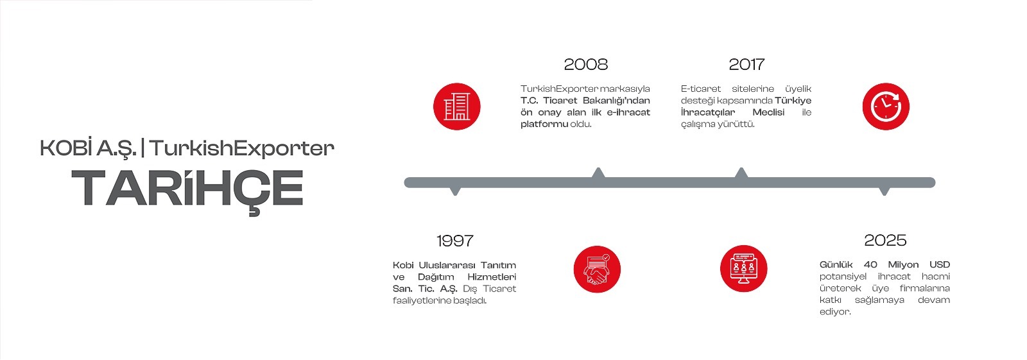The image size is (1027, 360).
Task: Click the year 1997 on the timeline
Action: point(454,241)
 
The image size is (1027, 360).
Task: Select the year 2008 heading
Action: point(585,64)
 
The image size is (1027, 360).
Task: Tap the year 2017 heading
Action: point(747,64)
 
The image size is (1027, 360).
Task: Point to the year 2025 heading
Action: point(885,241)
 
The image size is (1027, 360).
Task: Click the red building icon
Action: point(456,107)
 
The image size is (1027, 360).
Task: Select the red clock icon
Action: point(886,107)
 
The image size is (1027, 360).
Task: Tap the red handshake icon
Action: point(597,269)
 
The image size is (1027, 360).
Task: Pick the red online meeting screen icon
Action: point(744,269)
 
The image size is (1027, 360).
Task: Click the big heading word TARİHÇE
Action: point(187,189)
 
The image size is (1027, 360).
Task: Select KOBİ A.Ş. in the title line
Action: point(87,148)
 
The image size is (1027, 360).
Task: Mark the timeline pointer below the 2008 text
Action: point(598,173)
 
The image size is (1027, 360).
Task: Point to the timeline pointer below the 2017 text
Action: point(741,173)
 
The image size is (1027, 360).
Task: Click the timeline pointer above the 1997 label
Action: point(455,191)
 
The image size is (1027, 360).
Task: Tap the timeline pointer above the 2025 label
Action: point(884,191)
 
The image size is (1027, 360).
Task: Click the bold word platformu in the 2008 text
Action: point(544,124)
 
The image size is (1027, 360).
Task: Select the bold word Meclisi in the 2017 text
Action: point(768,112)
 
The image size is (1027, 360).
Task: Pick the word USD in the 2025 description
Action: point(939,264)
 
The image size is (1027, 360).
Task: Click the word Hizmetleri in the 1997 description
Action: point(492,277)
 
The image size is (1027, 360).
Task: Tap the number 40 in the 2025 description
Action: point(870,264)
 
